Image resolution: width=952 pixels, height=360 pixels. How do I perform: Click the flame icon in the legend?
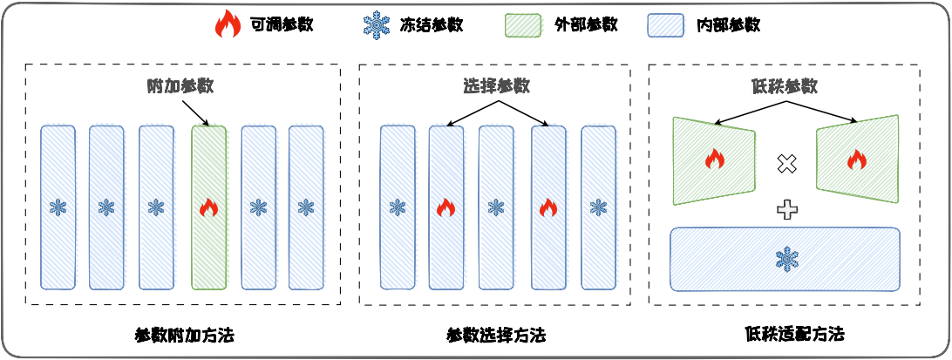(x=227, y=24)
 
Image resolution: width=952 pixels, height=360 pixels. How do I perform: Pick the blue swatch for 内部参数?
(x=665, y=25)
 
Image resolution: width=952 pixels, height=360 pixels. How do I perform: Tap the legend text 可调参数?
(x=281, y=25)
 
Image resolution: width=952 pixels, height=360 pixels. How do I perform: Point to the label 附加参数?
(x=180, y=86)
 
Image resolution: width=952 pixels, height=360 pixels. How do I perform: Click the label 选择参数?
(x=497, y=86)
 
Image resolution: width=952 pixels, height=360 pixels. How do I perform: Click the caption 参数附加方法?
(x=185, y=335)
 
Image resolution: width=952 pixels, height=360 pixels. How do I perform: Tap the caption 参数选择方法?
(x=496, y=335)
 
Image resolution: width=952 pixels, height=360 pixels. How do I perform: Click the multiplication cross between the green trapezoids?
(x=787, y=162)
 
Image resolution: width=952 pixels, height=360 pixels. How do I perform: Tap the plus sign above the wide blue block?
(x=787, y=208)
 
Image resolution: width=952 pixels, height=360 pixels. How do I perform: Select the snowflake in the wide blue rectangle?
(x=786, y=258)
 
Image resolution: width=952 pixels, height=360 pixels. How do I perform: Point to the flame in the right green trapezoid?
(x=857, y=160)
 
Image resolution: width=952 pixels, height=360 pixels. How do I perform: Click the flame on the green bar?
(x=208, y=207)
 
